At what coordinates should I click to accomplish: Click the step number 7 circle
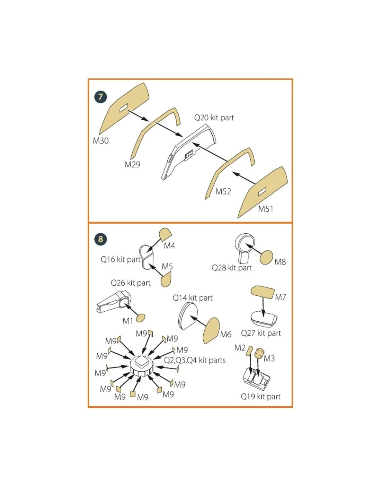click(x=100, y=97)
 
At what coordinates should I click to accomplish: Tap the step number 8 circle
click(x=100, y=239)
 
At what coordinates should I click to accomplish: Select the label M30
click(x=101, y=141)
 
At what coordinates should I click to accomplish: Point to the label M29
click(x=132, y=164)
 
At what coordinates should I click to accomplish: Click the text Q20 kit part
click(x=214, y=118)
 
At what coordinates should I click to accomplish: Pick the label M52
click(x=223, y=191)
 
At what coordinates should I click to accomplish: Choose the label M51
click(x=266, y=209)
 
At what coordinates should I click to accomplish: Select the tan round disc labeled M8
click(x=266, y=258)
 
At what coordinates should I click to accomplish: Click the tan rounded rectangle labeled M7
click(x=263, y=292)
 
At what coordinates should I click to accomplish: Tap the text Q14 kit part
click(x=193, y=298)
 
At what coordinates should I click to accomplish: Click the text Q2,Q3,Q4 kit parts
click(x=194, y=360)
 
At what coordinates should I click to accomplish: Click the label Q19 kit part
click(x=260, y=396)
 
